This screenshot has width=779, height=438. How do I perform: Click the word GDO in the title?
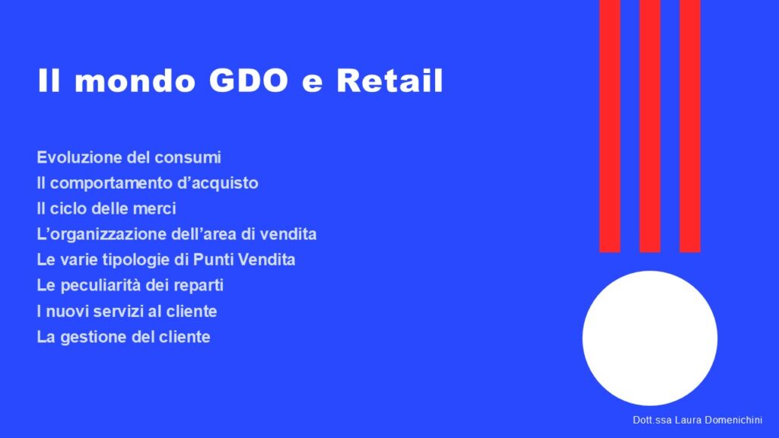point(249,81)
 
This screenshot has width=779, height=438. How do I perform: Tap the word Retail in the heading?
point(389,81)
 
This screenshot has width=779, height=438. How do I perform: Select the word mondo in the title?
point(135,81)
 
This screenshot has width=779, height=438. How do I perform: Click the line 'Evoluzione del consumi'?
point(129,157)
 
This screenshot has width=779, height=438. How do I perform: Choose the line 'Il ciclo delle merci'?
point(107,208)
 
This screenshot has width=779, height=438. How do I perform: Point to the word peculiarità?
point(100,286)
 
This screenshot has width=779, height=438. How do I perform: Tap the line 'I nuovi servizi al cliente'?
point(127,311)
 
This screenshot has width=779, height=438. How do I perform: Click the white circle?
point(650,338)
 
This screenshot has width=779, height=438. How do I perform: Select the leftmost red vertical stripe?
point(609,126)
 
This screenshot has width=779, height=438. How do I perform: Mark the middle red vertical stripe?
point(650,126)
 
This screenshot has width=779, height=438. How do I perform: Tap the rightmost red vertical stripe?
point(690,126)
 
